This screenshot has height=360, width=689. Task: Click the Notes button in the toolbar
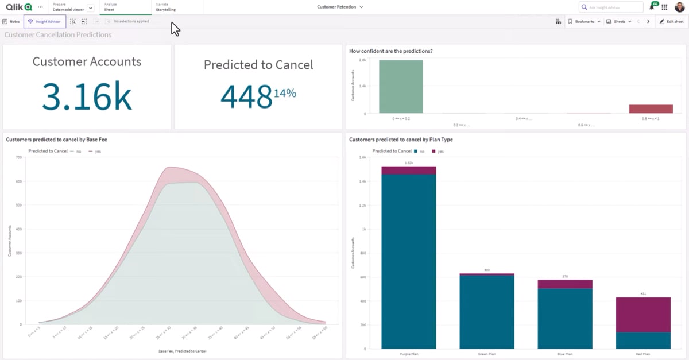[x=11, y=21]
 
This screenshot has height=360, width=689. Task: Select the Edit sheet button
[x=671, y=21]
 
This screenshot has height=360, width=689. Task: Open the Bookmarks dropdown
[x=584, y=21]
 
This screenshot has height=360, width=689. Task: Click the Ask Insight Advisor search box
[x=611, y=7]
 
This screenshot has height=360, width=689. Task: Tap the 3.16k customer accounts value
[x=87, y=96]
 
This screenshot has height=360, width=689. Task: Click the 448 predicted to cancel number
[x=246, y=96]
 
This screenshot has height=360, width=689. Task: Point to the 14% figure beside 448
[x=285, y=92]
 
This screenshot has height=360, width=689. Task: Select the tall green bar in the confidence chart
[x=401, y=86]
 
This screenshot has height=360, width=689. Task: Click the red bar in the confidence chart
[x=651, y=109]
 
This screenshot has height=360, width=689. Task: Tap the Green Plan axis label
[x=487, y=354]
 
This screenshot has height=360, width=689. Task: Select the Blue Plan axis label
[x=565, y=354]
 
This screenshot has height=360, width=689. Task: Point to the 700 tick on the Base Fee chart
[x=18, y=157]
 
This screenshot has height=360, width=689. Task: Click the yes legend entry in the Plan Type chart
[x=440, y=151]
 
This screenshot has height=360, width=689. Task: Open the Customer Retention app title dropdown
[x=340, y=7]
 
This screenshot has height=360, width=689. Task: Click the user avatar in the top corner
[x=679, y=7]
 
